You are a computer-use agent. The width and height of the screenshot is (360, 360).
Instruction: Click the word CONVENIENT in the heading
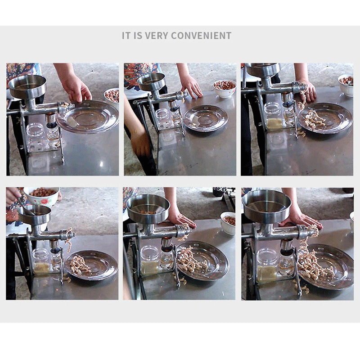point(201,36)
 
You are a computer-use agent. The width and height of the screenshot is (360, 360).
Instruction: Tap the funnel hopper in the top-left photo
point(27,87)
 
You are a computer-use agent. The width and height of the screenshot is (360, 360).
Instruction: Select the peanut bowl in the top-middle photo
point(225,88)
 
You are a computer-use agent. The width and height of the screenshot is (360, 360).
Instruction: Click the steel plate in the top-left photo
point(87,117)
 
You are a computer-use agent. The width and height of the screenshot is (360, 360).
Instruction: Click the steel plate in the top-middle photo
point(206,118)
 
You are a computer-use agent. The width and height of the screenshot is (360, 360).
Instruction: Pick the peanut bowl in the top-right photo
point(346,85)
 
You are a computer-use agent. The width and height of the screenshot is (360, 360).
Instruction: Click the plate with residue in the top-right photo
point(325,118)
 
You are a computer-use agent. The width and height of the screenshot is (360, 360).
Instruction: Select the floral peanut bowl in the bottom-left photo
point(41,196)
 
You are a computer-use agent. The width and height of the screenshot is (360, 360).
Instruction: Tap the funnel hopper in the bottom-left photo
point(35,215)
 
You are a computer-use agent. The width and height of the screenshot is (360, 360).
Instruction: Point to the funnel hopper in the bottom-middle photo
point(148,208)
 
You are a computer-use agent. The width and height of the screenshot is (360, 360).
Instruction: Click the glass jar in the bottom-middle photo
point(150,260)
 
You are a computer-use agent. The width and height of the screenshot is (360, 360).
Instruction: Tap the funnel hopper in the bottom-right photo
point(266,206)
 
